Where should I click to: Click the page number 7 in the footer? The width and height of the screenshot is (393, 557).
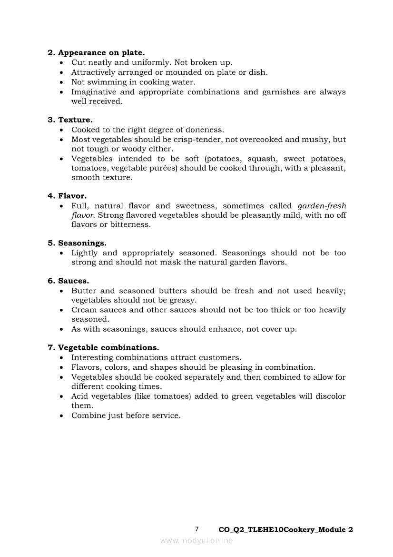click(x=197, y=529)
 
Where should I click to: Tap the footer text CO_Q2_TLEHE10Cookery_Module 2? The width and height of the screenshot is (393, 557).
click(x=285, y=530)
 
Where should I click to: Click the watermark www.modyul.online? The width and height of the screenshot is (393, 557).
click(x=196, y=540)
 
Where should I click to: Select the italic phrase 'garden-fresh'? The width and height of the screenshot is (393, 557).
click(x=322, y=206)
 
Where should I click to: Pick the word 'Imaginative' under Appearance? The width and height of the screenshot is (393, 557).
click(x=93, y=92)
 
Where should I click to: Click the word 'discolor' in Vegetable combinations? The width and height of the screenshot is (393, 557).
click(x=328, y=396)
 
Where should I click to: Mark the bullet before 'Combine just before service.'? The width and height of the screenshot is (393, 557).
click(x=62, y=416)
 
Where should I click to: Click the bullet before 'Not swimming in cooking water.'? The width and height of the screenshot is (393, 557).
click(x=62, y=82)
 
